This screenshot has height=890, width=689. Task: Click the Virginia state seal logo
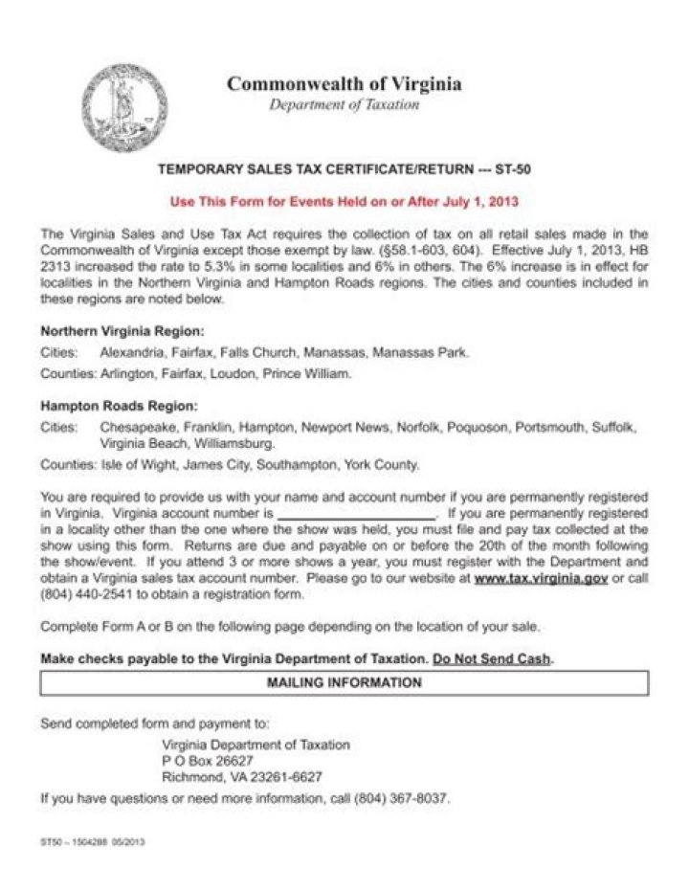(124, 107)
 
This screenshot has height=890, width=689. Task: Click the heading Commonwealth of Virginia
(344, 84)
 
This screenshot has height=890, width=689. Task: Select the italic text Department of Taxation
(344, 105)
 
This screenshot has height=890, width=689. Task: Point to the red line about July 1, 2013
(344, 202)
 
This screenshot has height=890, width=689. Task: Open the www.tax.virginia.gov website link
(541, 579)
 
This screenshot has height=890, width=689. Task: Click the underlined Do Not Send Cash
(492, 659)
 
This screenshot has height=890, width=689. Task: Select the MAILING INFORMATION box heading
(344, 683)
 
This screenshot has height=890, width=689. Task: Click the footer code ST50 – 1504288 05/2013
(93, 843)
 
